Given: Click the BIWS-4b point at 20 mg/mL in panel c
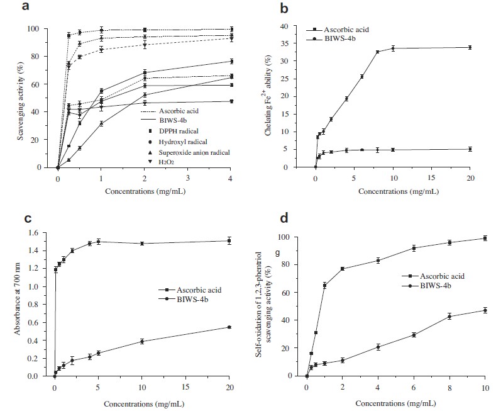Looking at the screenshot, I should [230, 327].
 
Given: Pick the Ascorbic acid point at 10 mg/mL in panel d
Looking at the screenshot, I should [485, 238].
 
